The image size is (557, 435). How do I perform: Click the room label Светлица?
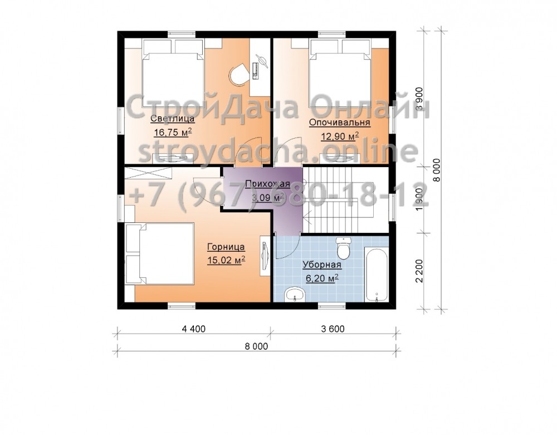[172, 119]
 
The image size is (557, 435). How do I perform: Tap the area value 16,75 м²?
[173, 133]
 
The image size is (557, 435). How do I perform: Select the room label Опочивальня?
[340, 123]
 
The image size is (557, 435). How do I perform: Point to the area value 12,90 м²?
[340, 136]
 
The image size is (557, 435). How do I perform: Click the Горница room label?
[226, 247]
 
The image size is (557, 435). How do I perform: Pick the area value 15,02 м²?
[226, 260]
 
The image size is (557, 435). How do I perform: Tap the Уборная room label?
[322, 265]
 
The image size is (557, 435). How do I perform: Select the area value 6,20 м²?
[322, 278]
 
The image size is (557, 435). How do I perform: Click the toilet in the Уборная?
[344, 248]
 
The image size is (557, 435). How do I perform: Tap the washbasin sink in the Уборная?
[295, 294]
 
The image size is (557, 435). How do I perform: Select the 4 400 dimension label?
[194, 329]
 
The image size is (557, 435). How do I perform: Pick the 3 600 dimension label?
[333, 329]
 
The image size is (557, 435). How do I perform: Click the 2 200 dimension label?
[419, 271]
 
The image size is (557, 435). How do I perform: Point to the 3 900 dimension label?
[419, 99]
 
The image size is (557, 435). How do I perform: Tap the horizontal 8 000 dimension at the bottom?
[256, 346]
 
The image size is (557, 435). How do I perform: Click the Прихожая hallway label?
[268, 184]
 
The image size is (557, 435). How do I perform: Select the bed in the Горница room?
[160, 253]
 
